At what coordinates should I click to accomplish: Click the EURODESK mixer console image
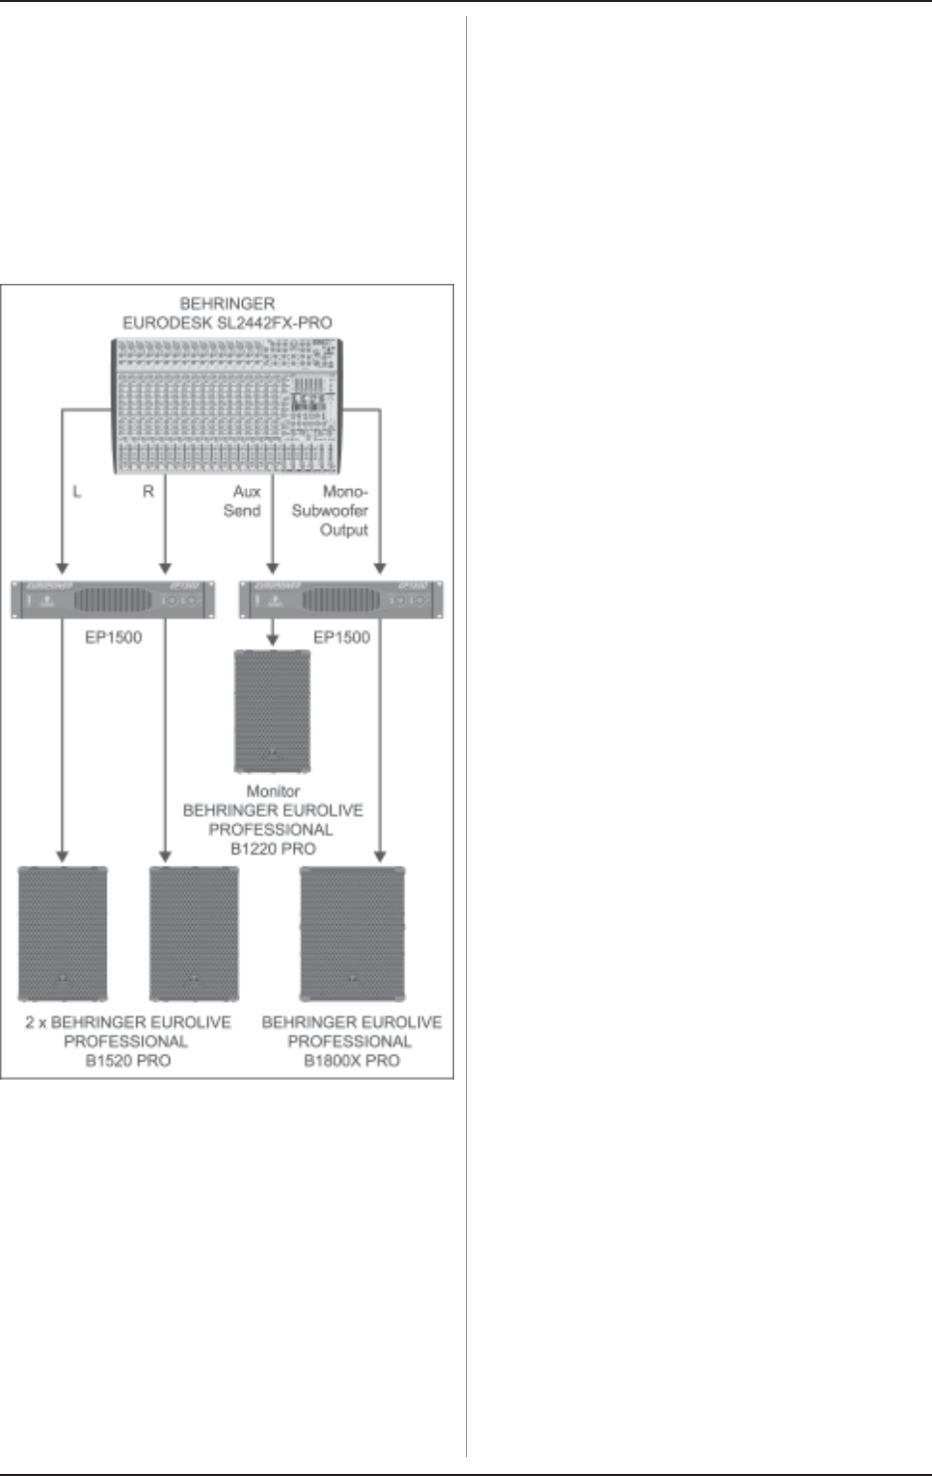click(x=226, y=405)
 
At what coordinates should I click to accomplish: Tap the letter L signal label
click(x=78, y=491)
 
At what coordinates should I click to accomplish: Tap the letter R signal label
click(x=148, y=491)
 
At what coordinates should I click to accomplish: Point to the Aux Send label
click(x=243, y=501)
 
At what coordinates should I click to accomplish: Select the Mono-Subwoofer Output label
click(x=331, y=511)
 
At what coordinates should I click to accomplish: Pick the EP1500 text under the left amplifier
click(x=114, y=637)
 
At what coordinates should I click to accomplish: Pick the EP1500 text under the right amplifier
click(x=342, y=637)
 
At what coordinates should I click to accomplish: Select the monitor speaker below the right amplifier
click(x=272, y=711)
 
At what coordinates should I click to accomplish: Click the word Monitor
click(x=273, y=791)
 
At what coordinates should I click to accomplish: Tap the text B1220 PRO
click(x=273, y=849)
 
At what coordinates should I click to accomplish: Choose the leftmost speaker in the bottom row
click(x=63, y=933)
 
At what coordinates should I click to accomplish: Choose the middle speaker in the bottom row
click(x=194, y=933)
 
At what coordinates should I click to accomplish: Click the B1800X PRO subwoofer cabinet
click(x=352, y=933)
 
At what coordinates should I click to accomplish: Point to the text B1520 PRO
click(x=127, y=1061)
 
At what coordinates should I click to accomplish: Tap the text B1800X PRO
click(x=351, y=1061)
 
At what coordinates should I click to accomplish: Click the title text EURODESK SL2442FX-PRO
click(x=227, y=323)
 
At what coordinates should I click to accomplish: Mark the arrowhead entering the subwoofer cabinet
click(x=379, y=856)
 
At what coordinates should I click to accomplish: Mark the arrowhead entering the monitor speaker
click(x=273, y=641)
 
